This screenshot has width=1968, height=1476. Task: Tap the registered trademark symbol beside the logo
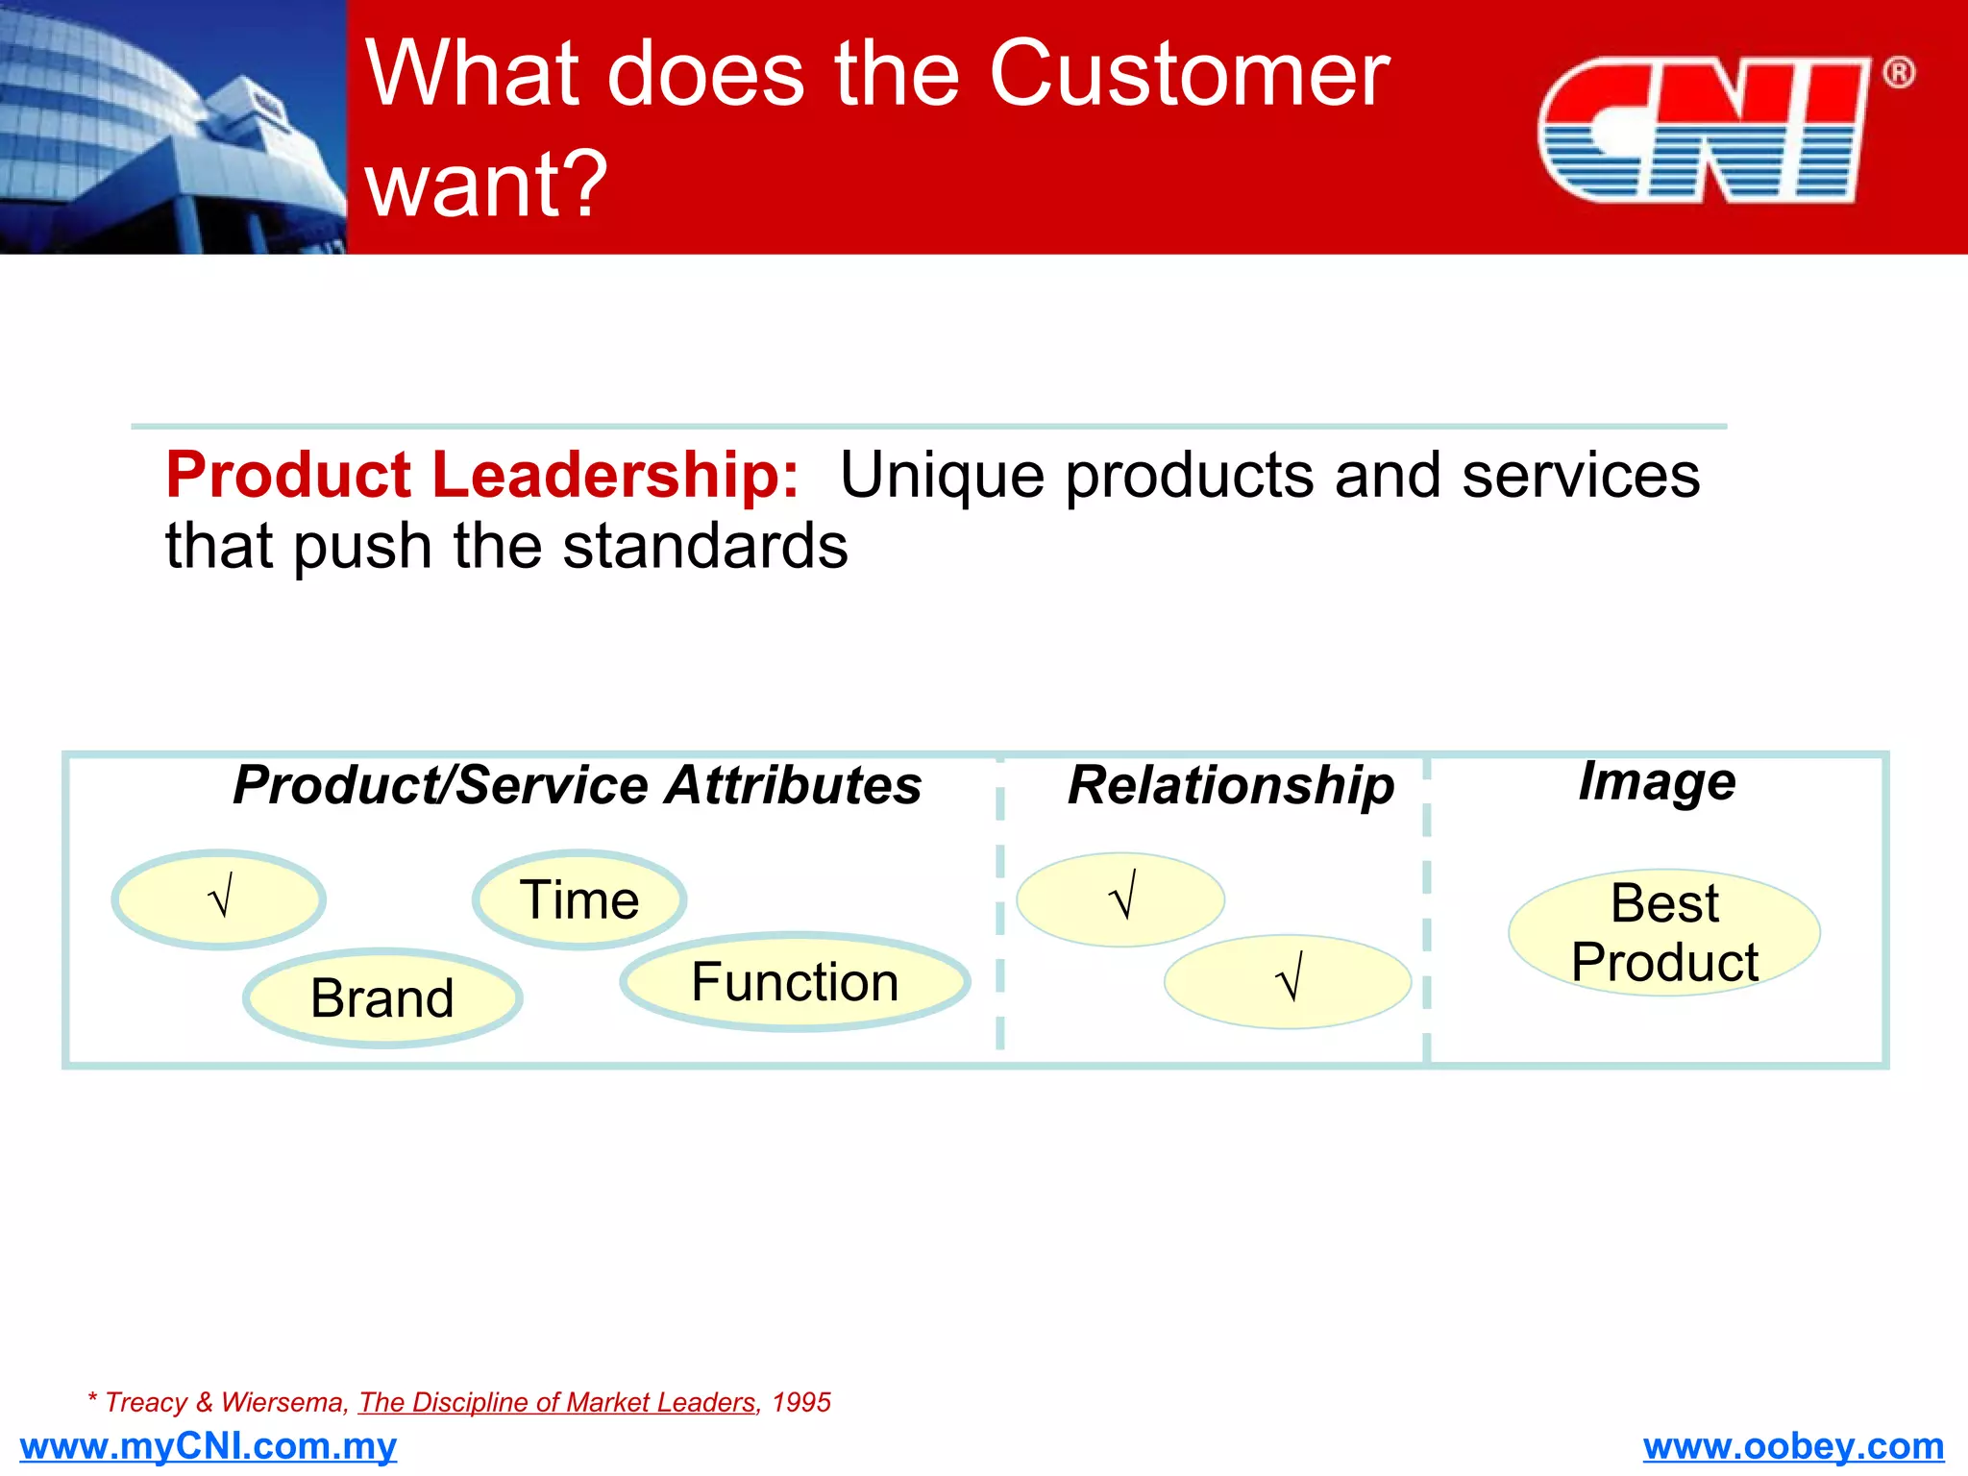pyautogui.click(x=1898, y=73)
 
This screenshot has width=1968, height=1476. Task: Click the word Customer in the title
pyautogui.click(x=1189, y=74)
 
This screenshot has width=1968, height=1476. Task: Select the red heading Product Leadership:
pyautogui.click(x=481, y=475)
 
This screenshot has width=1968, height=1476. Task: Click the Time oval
pyautogui.click(x=579, y=900)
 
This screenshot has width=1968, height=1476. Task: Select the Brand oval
pyautogui.click(x=382, y=997)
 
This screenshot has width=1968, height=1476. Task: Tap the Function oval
pyautogui.click(x=795, y=982)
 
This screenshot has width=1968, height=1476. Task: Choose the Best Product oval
pyautogui.click(x=1664, y=932)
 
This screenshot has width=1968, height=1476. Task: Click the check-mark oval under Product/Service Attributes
pyautogui.click(x=219, y=899)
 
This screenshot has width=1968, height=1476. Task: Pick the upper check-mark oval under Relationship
pyautogui.click(x=1120, y=899)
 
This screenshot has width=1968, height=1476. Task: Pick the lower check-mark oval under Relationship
pyautogui.click(x=1287, y=981)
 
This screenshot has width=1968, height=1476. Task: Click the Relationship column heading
pyautogui.click(x=1230, y=785)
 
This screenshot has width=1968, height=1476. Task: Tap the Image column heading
pyautogui.click(x=1657, y=780)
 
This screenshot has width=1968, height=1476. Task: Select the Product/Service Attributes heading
pyautogui.click(x=577, y=785)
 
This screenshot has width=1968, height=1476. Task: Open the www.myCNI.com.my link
pyautogui.click(x=208, y=1446)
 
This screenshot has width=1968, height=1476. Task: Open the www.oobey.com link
pyautogui.click(x=1793, y=1446)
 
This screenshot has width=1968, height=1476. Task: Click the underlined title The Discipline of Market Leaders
pyautogui.click(x=557, y=1403)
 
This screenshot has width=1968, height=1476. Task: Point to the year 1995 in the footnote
pyautogui.click(x=801, y=1403)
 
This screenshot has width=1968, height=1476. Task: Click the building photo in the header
pyautogui.click(x=173, y=127)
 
